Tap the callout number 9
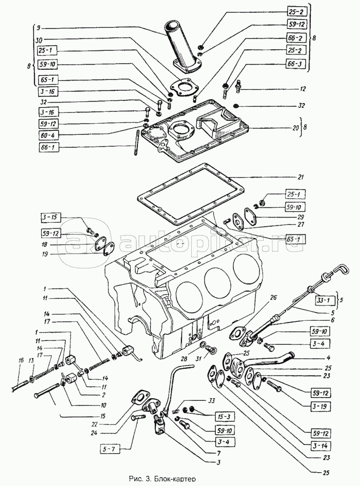tap(46, 29)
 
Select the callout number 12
tap(303, 89)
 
